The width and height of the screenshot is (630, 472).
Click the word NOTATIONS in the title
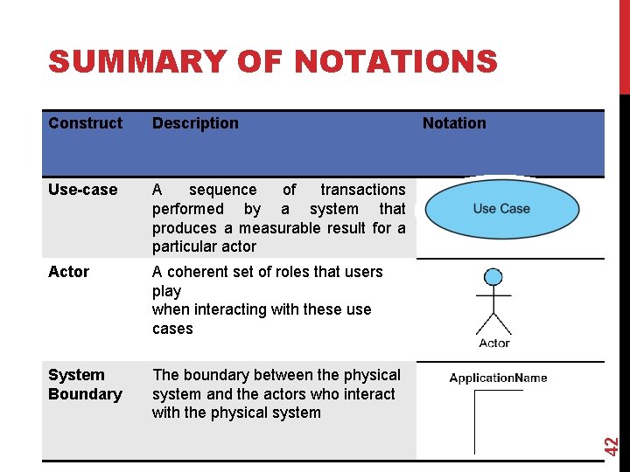tap(396, 62)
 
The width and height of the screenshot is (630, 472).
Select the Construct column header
tap(86, 123)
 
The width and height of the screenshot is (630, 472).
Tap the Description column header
tap(195, 123)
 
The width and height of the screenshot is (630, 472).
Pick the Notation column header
tap(454, 123)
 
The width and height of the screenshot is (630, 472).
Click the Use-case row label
tap(83, 190)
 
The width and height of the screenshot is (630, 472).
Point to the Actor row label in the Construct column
tap(69, 272)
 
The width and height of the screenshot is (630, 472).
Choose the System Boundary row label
tap(85, 385)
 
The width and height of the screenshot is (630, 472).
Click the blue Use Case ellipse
tap(501, 209)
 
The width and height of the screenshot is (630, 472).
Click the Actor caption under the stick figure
tap(494, 344)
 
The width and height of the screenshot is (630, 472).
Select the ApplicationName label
tap(498, 378)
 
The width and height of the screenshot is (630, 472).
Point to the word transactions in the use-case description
tap(363, 190)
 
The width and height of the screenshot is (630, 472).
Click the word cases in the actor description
tap(172, 329)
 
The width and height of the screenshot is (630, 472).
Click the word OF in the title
tap(260, 62)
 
